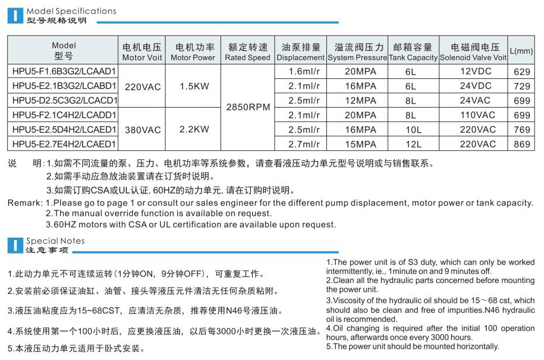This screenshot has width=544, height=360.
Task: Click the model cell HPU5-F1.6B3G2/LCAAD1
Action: (64, 71)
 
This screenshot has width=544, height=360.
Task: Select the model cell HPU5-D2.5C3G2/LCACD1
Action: (64, 100)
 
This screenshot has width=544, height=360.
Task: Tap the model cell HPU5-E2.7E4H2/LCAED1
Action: (64, 144)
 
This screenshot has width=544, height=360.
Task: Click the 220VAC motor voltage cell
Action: (142, 86)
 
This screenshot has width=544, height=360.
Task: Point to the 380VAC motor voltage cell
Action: (142, 129)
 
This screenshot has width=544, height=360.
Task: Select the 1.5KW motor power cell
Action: (194, 86)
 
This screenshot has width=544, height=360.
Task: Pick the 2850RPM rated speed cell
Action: (248, 108)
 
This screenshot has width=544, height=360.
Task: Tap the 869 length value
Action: (521, 144)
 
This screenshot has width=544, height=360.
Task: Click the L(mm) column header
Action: (521, 51)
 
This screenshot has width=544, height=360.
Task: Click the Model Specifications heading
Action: (71, 11)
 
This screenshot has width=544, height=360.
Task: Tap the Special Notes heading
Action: (56, 241)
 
